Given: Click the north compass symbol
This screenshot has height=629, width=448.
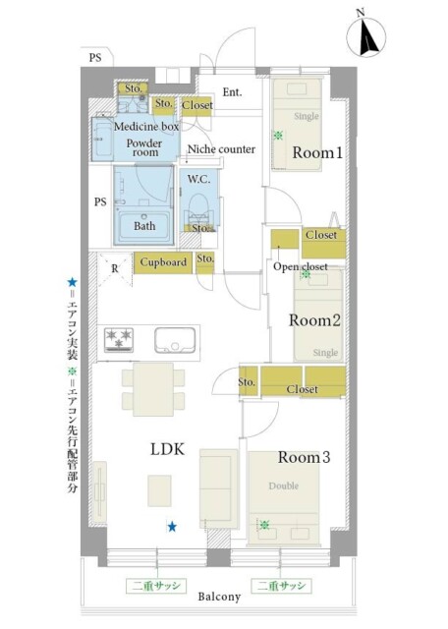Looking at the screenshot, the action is pyautogui.click(x=365, y=36).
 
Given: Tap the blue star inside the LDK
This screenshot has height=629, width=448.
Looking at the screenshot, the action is pyautogui.click(x=172, y=527).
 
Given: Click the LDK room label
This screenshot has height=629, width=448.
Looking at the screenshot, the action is pyautogui.click(x=168, y=449).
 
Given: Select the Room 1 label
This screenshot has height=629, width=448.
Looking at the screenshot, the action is pyautogui.click(x=317, y=153).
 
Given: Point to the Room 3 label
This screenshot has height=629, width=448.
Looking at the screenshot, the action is pyautogui.click(x=304, y=457).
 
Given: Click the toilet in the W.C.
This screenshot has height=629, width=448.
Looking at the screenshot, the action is pyautogui.click(x=198, y=206).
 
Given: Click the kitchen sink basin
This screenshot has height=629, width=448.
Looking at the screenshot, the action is pyautogui.click(x=175, y=341).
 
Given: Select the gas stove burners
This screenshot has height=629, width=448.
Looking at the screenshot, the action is pyautogui.click(x=119, y=340).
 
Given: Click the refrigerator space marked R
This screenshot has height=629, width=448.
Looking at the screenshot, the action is pyautogui.click(x=115, y=268).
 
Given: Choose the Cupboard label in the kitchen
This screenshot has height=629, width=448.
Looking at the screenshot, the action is pyautogui.click(x=163, y=262).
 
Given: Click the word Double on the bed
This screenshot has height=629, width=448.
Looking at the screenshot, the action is pyautogui.click(x=284, y=486).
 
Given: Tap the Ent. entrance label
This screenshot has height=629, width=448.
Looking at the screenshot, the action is pyautogui.click(x=232, y=92).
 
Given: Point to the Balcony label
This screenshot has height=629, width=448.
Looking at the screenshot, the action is pyautogui.click(x=219, y=597).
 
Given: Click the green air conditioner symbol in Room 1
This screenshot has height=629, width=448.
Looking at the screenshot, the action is pyautogui.click(x=277, y=136).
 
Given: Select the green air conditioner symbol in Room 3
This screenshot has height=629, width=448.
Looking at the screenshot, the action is pyautogui.click(x=264, y=524).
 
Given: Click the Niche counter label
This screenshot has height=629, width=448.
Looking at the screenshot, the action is pyautogui.click(x=221, y=149).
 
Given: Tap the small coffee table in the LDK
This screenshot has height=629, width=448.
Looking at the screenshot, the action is pyautogui.click(x=159, y=490).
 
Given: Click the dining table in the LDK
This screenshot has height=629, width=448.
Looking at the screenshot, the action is pyautogui.click(x=153, y=389).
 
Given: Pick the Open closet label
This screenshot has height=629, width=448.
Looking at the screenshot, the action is pyautogui.click(x=301, y=266).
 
